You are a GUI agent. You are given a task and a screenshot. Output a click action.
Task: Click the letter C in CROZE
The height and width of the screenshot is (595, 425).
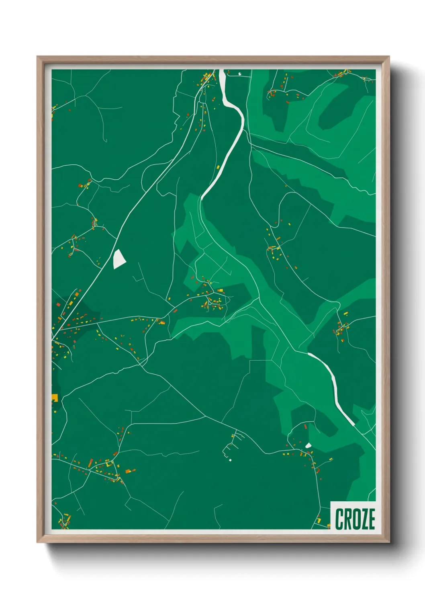(x=339, y=519)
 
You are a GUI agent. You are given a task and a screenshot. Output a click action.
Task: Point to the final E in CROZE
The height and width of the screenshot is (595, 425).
(x=371, y=519)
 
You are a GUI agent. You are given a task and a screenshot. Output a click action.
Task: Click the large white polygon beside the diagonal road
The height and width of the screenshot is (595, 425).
(x=119, y=259)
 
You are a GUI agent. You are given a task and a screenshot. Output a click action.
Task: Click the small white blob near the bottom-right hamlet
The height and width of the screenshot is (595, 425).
(x=308, y=445)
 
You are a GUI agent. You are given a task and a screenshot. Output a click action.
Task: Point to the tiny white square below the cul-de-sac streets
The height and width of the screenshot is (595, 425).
(x=231, y=460)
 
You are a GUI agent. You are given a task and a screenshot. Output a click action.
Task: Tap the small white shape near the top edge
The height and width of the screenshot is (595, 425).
(x=240, y=74)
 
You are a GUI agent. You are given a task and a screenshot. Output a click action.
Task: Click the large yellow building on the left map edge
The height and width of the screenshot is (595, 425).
(x=55, y=398)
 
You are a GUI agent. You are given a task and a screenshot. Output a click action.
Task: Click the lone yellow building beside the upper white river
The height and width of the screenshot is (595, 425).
(x=218, y=167)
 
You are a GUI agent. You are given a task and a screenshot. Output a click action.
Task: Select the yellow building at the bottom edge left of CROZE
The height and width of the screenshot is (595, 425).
(x=319, y=521)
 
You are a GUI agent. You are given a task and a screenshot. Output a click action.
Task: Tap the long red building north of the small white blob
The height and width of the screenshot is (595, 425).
(x=305, y=427)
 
